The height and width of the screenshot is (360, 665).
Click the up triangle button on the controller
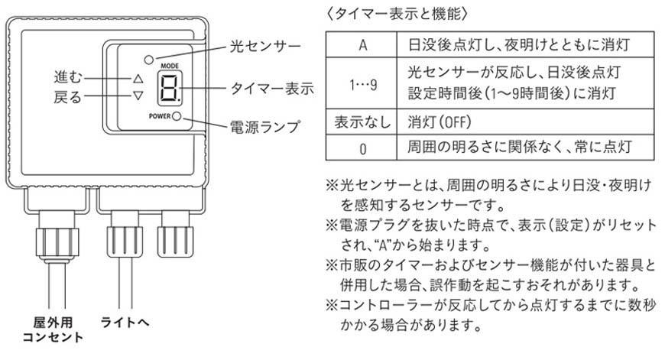tap(138, 78)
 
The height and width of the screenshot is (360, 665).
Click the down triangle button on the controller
tap(138, 96)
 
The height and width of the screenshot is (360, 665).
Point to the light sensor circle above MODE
tap(148, 58)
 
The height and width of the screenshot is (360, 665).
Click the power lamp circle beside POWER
tap(177, 116)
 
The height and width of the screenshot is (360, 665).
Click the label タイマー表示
tap(271, 89)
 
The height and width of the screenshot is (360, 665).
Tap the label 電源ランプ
tap(264, 125)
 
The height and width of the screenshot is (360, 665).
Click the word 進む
tap(67, 78)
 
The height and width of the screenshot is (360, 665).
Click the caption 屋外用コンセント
tap(53, 331)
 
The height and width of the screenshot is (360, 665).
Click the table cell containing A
tap(359, 43)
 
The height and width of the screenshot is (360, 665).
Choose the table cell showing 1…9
tap(359, 83)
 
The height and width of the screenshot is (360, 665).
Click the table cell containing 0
tap(359, 145)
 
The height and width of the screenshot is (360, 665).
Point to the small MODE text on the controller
tap(170, 66)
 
